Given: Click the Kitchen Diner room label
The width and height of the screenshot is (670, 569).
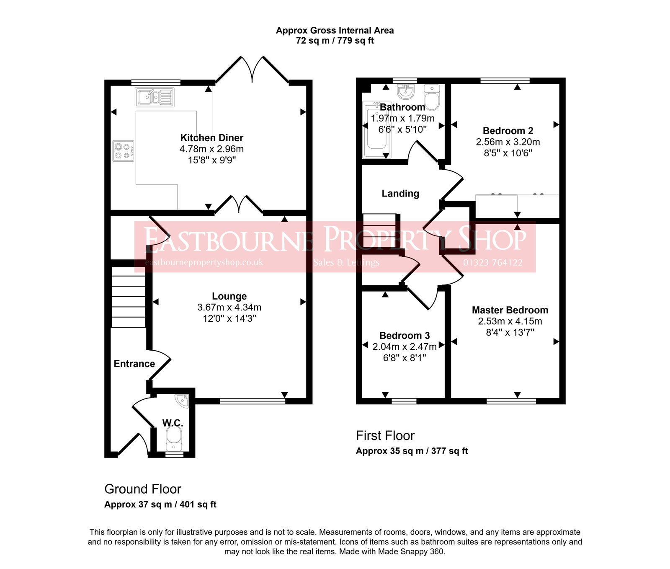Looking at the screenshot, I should click(x=211, y=138).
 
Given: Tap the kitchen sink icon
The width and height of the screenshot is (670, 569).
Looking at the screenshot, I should click(x=155, y=98).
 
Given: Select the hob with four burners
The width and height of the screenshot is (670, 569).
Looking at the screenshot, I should click(x=124, y=151).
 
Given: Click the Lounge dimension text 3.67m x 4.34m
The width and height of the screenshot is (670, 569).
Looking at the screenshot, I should click(x=229, y=308).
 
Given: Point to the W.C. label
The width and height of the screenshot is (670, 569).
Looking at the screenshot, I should click(x=173, y=423).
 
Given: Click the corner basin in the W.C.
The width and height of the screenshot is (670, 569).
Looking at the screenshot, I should click(x=183, y=401).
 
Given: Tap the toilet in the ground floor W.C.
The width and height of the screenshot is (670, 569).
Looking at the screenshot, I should click(x=173, y=436).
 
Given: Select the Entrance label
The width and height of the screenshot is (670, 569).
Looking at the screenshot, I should click(x=134, y=364).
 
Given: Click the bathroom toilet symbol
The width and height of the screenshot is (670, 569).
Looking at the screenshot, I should click(x=432, y=97).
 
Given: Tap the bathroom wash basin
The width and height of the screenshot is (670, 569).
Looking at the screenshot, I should click(x=405, y=91).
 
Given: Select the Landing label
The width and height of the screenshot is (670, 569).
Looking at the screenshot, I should click(x=400, y=194).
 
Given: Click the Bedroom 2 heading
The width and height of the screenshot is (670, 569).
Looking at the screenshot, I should click(x=508, y=131).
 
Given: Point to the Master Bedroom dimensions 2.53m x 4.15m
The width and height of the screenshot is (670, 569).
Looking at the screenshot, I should click(x=510, y=321).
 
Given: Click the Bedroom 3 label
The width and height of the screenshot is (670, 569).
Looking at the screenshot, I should click(x=404, y=336).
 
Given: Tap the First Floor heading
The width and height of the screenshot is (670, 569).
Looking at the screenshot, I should click(x=385, y=436).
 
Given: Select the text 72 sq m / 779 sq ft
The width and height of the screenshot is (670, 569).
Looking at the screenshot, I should click(x=335, y=41).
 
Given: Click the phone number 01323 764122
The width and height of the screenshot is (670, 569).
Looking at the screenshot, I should click(x=492, y=263).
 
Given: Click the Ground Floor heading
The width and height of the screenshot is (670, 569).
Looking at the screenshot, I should click(x=142, y=489).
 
